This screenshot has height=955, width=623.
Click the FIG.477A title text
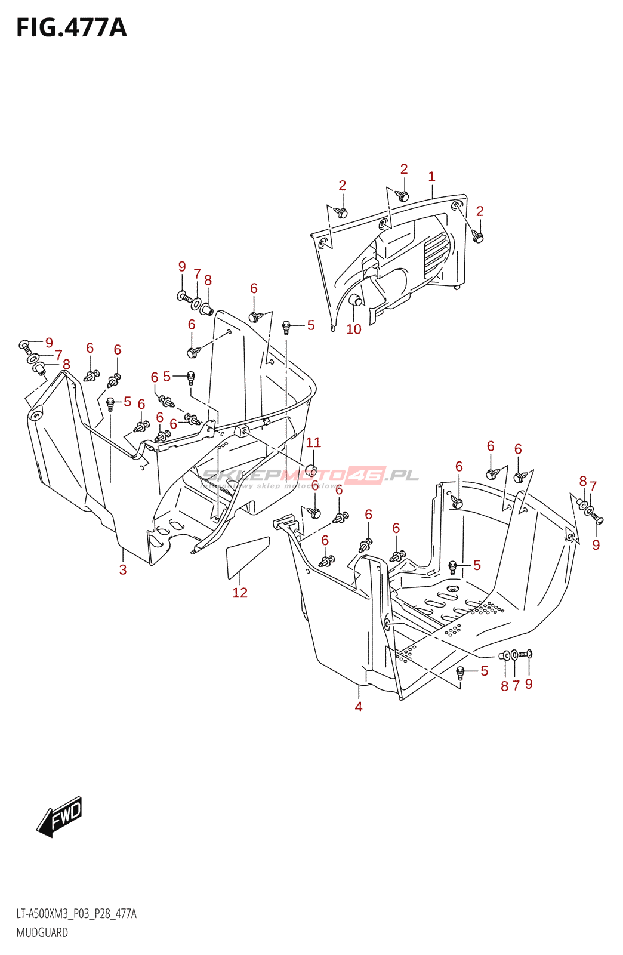point(72,28)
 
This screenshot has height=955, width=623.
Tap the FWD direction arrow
point(60,816)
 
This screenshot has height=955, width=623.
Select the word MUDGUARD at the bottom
point(42,932)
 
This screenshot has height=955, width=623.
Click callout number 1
point(431,177)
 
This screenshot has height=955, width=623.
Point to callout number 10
point(354,329)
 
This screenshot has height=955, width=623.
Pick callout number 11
point(313,442)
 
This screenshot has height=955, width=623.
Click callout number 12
point(240,592)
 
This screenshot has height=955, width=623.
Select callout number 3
point(123,569)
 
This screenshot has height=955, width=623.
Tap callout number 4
point(359,706)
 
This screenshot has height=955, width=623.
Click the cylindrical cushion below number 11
point(310,469)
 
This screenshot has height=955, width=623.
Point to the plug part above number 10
point(356,300)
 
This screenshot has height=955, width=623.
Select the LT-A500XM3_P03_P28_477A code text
point(76,914)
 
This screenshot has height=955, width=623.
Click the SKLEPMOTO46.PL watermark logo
point(310,476)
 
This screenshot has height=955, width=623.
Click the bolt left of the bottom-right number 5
point(460,671)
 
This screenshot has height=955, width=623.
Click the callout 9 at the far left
point(49,343)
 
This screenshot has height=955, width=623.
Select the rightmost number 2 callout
point(480,211)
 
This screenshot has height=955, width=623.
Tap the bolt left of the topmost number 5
point(286,326)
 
